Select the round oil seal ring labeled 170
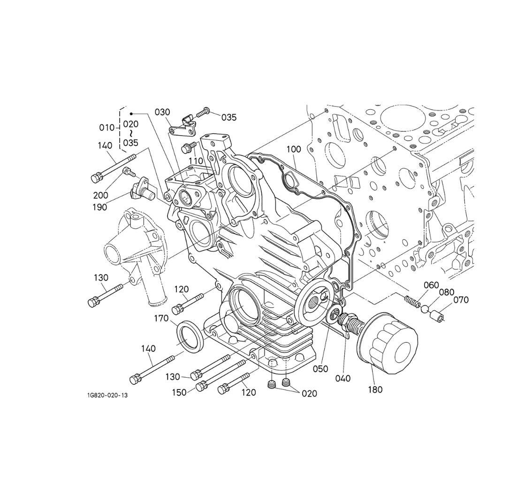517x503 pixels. (x=190, y=335)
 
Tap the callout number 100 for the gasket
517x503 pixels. (x=294, y=149)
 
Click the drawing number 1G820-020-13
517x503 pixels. (x=107, y=395)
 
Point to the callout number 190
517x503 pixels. (x=99, y=207)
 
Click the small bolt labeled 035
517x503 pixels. (x=203, y=113)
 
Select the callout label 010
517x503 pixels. (x=106, y=127)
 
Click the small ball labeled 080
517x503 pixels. (x=425, y=309)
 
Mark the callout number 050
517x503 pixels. (x=320, y=369)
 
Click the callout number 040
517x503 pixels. (x=343, y=378)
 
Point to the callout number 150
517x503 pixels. (x=179, y=392)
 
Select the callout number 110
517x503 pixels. (x=196, y=161)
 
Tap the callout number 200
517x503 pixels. (x=100, y=195)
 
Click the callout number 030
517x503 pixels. (x=162, y=112)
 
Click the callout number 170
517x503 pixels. (x=161, y=319)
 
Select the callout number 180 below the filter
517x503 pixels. (x=375, y=389)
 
